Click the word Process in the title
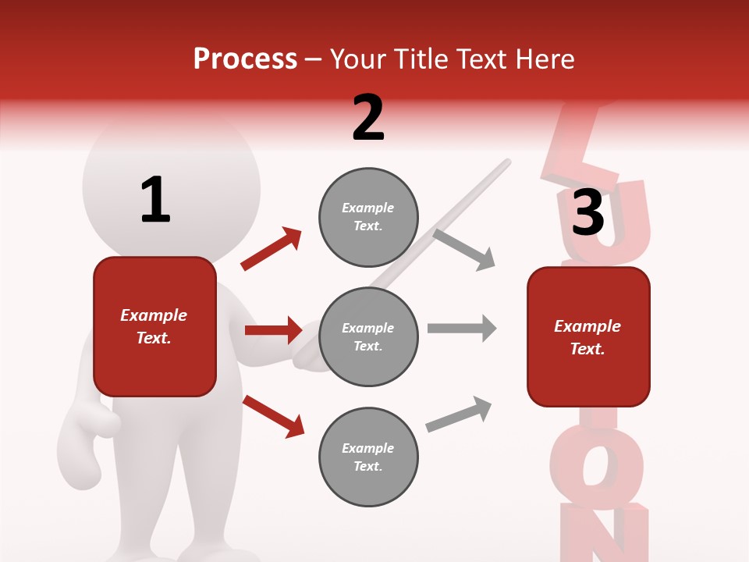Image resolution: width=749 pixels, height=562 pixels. (245, 59)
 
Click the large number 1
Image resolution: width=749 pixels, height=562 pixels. (155, 200)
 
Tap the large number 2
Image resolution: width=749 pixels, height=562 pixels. (368, 117)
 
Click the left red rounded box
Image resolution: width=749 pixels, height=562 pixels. (154, 326)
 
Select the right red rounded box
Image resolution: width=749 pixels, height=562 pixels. (588, 337)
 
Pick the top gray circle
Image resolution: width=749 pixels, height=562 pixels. (368, 217)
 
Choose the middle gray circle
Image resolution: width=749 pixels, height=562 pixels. (368, 337)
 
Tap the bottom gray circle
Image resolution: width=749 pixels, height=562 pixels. (368, 457)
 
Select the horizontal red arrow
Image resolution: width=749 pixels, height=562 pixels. (273, 330)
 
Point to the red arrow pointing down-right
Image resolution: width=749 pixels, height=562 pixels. (273, 416)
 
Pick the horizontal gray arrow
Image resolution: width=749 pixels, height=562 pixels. (461, 329)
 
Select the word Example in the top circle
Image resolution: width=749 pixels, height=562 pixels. (368, 208)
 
